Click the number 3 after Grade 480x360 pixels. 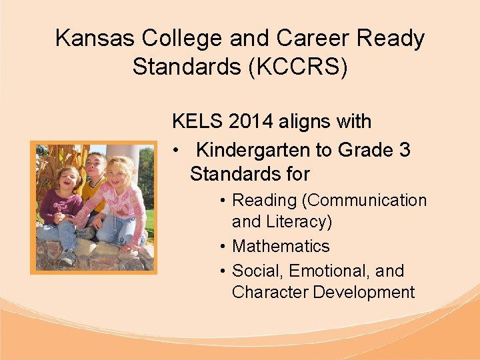pos(404,150)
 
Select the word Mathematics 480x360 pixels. pos(281,246)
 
